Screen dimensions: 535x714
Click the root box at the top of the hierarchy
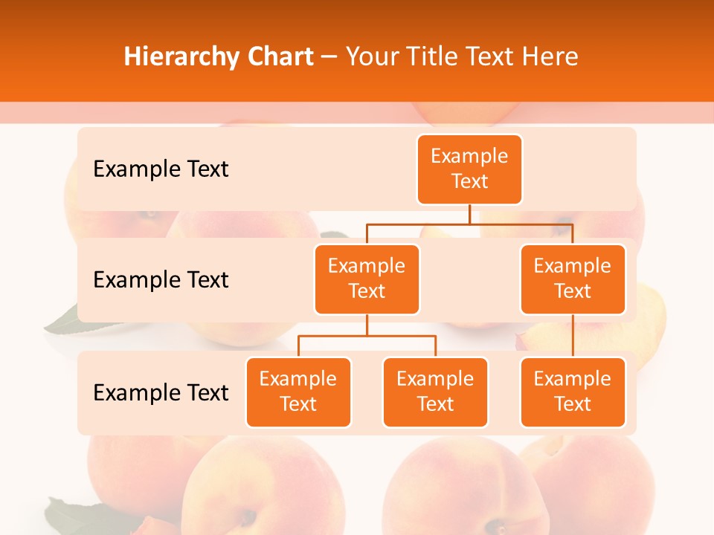[469, 169]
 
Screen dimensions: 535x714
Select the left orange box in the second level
[367, 279]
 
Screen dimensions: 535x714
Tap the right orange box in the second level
[573, 279]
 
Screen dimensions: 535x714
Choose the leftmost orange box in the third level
[298, 392]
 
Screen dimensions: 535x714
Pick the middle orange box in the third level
[435, 392]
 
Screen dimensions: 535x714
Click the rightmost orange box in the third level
[573, 392]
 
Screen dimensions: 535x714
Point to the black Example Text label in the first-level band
[161, 169]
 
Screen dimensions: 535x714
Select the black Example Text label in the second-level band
[161, 280]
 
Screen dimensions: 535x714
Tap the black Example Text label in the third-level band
[161, 392]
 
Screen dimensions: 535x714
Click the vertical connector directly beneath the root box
[469, 214]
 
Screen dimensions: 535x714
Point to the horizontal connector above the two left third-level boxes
[367, 336]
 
